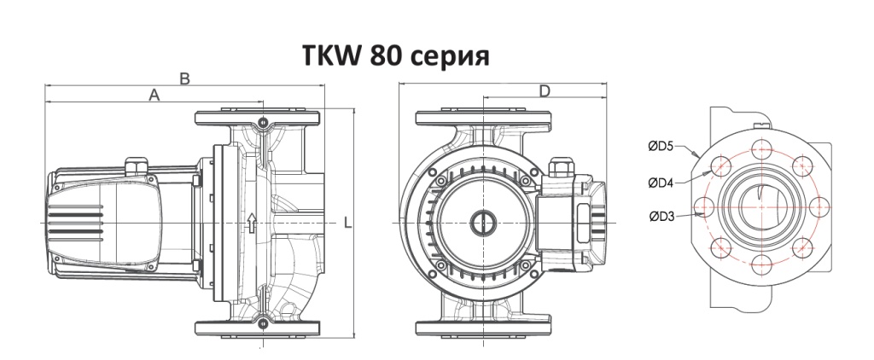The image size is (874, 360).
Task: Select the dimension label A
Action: pyautogui.click(x=154, y=96)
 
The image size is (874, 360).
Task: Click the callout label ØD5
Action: pyautogui.click(x=660, y=147)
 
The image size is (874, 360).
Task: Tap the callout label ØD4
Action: pyautogui.click(x=660, y=182)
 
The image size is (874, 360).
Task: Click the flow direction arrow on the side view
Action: pyautogui.click(x=251, y=224)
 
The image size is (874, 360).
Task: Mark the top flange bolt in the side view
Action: pyautogui.click(x=262, y=120)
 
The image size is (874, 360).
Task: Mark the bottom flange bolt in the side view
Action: pyautogui.click(x=262, y=323)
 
